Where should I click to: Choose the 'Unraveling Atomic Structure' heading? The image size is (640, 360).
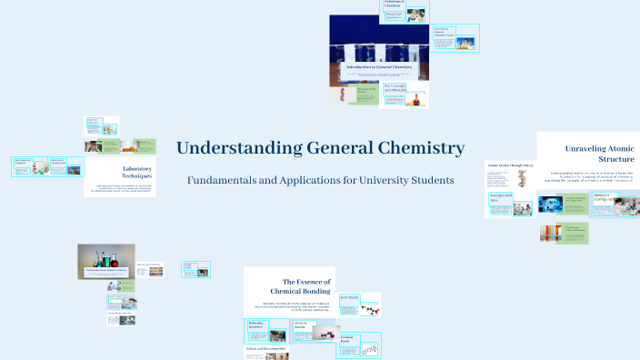[600, 153]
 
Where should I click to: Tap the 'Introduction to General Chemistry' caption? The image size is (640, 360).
[378, 67]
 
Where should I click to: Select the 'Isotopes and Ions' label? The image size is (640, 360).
[501, 198]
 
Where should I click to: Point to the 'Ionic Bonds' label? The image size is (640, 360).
[350, 297]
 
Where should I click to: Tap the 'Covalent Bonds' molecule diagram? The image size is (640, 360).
[367, 349]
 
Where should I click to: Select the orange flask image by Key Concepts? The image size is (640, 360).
[419, 97]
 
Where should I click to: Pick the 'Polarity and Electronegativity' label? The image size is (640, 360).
[265, 349]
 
